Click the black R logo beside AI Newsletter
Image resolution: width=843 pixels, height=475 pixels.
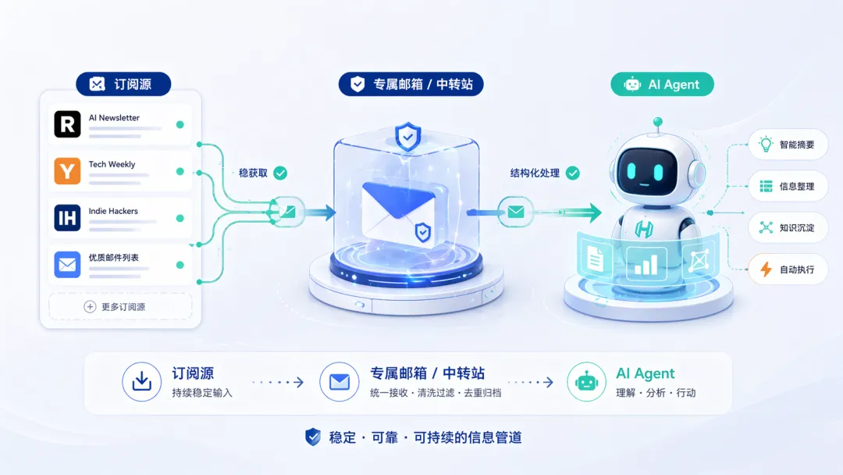(67, 124)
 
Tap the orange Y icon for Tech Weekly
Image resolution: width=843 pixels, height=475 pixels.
(67, 171)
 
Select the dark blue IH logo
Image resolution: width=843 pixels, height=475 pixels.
(67, 218)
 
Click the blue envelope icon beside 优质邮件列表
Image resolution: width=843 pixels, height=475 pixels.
(67, 265)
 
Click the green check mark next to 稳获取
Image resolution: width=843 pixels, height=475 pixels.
(280, 173)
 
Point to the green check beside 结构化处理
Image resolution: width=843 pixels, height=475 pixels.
(573, 173)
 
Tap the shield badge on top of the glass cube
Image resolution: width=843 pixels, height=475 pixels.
(407, 137)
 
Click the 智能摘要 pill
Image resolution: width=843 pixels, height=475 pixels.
(788, 145)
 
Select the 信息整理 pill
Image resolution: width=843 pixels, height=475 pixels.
(788, 186)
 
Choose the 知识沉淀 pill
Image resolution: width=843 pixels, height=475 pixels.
(788, 227)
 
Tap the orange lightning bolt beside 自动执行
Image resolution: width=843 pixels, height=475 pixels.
(766, 270)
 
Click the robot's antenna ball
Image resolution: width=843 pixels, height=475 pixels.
(657, 122)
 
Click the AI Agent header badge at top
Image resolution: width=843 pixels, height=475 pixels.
(662, 84)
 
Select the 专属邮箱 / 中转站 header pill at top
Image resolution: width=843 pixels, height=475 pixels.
(411, 84)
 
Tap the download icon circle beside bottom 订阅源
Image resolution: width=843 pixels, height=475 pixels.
(142, 382)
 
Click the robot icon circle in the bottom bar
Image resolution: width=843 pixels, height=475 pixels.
(586, 382)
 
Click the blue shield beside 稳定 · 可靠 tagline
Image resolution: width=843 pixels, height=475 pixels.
(313, 437)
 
